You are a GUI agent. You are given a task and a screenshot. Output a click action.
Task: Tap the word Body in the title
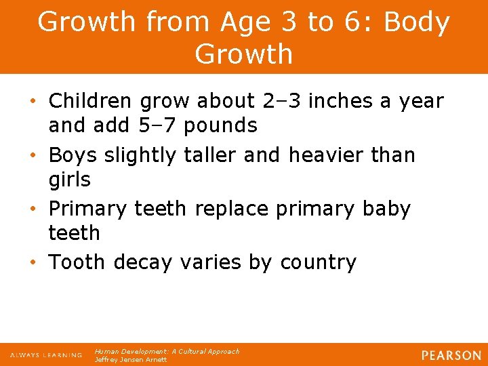point(416,22)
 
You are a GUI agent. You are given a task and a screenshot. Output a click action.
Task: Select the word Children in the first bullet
point(91,101)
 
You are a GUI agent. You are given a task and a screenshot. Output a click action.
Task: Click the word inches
point(342,101)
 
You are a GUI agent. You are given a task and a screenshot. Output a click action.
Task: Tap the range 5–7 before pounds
point(163,125)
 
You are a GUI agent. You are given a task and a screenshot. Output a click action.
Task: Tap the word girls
point(69,180)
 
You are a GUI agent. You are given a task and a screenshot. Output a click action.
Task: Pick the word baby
point(386,209)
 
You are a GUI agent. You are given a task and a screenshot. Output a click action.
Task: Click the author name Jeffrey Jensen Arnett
point(130,360)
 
